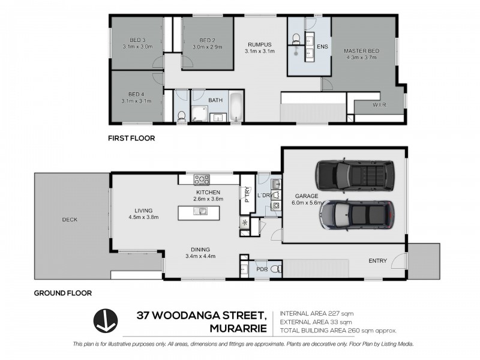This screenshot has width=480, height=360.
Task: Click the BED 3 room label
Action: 136,40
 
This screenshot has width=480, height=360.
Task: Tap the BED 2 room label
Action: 208,40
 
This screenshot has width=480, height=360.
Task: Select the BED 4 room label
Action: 136,94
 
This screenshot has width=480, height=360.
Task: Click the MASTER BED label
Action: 360,50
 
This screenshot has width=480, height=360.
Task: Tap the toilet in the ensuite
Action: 296,38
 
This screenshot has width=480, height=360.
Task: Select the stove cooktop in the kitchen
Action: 200,179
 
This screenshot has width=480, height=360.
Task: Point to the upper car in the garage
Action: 355,175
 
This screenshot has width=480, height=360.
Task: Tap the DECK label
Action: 70,220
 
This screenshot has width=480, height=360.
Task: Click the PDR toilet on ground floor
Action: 276,269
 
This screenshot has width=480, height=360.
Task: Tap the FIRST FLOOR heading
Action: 131,138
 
